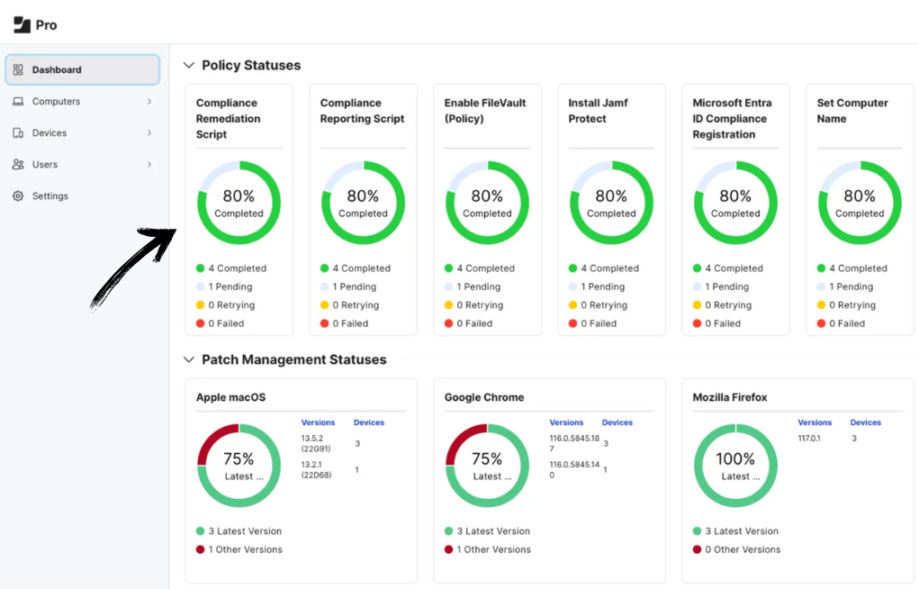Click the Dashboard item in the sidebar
point(57,70)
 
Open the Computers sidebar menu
point(56,102)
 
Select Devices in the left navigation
point(50,133)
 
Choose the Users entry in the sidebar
point(45,165)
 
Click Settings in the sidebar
point(50,196)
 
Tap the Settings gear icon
point(18,196)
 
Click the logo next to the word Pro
point(22,24)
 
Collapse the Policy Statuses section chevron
point(189,66)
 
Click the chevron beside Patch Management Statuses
point(189,360)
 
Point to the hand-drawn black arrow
point(135,266)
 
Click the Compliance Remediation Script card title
point(229,119)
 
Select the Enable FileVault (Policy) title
point(485,111)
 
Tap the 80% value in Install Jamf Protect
point(611,196)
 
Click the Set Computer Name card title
point(851,111)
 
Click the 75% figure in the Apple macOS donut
point(239,459)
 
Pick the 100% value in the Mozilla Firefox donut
point(735,459)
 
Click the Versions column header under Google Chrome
point(566,422)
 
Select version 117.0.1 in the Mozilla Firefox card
point(809,439)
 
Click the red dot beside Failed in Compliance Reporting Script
point(325,323)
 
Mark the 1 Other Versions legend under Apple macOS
point(245,549)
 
